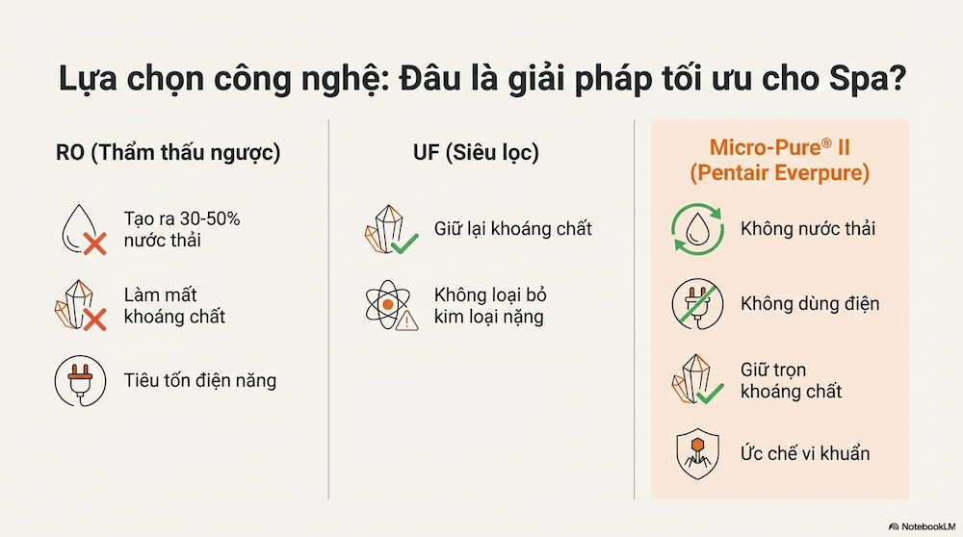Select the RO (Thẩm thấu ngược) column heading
[x=169, y=153]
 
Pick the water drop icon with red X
[x=81, y=230]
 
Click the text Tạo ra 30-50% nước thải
[x=182, y=230]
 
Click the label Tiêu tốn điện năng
[x=200, y=380]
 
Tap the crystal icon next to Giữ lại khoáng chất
[x=389, y=229]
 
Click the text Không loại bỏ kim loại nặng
[x=490, y=304]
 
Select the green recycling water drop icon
[x=696, y=229]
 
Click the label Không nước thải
[x=808, y=229]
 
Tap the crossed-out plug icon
[x=696, y=304]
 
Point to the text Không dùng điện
[x=810, y=304]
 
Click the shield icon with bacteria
[x=696, y=453]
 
